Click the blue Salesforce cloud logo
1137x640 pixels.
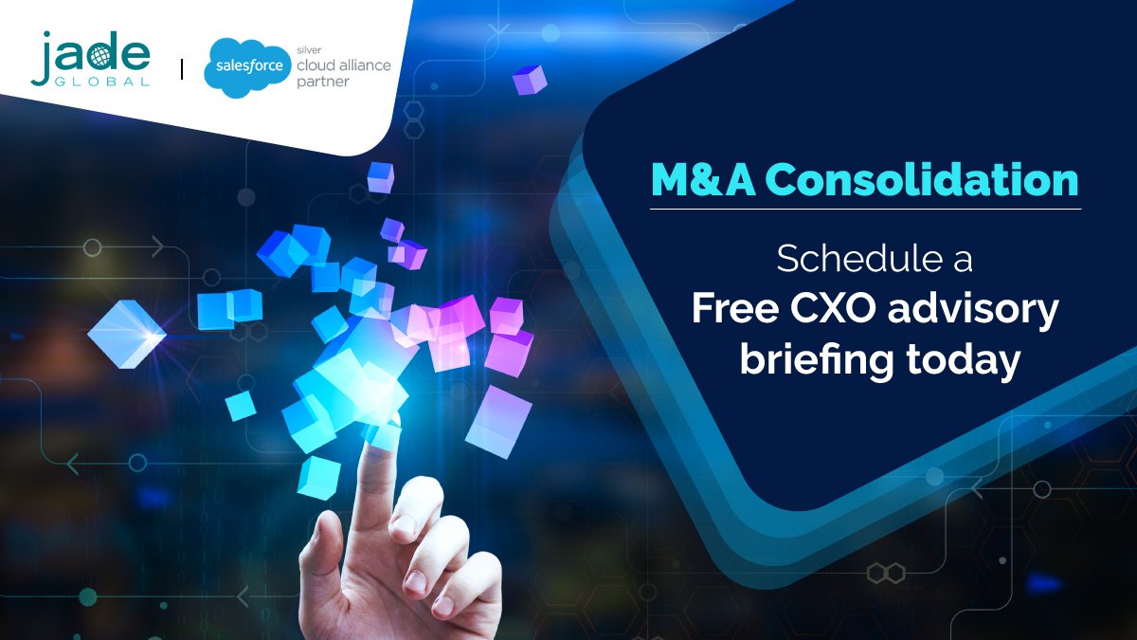237,65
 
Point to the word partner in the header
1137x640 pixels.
323,82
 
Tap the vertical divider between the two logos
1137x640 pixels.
182,69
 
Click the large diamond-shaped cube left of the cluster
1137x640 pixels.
126,334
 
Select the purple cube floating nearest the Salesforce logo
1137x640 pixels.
530,79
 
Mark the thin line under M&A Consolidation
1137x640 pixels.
865,209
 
